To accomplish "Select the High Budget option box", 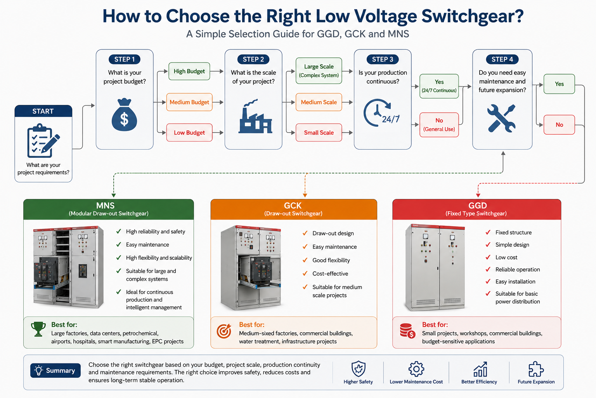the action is pos(189,71).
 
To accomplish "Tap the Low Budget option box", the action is pos(189,133).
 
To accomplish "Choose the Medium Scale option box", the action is pos(319,102).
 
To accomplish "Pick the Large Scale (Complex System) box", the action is pos(319,71).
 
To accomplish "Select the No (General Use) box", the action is pos(439,125).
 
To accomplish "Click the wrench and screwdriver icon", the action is pos(502,119).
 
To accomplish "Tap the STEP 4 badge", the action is pos(502,59).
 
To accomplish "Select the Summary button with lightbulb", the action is pos(55,370).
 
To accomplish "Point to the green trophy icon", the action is pos(38,329).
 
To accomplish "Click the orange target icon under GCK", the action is pos(224,331).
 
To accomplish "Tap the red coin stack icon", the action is pos(407,331).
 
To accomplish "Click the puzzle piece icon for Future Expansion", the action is pos(536,369).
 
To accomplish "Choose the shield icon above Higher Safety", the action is pos(358,369).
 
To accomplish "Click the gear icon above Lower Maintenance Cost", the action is pos(416,369).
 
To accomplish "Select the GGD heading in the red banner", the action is pos(478,206).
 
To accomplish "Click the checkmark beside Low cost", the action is pos(488,257).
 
